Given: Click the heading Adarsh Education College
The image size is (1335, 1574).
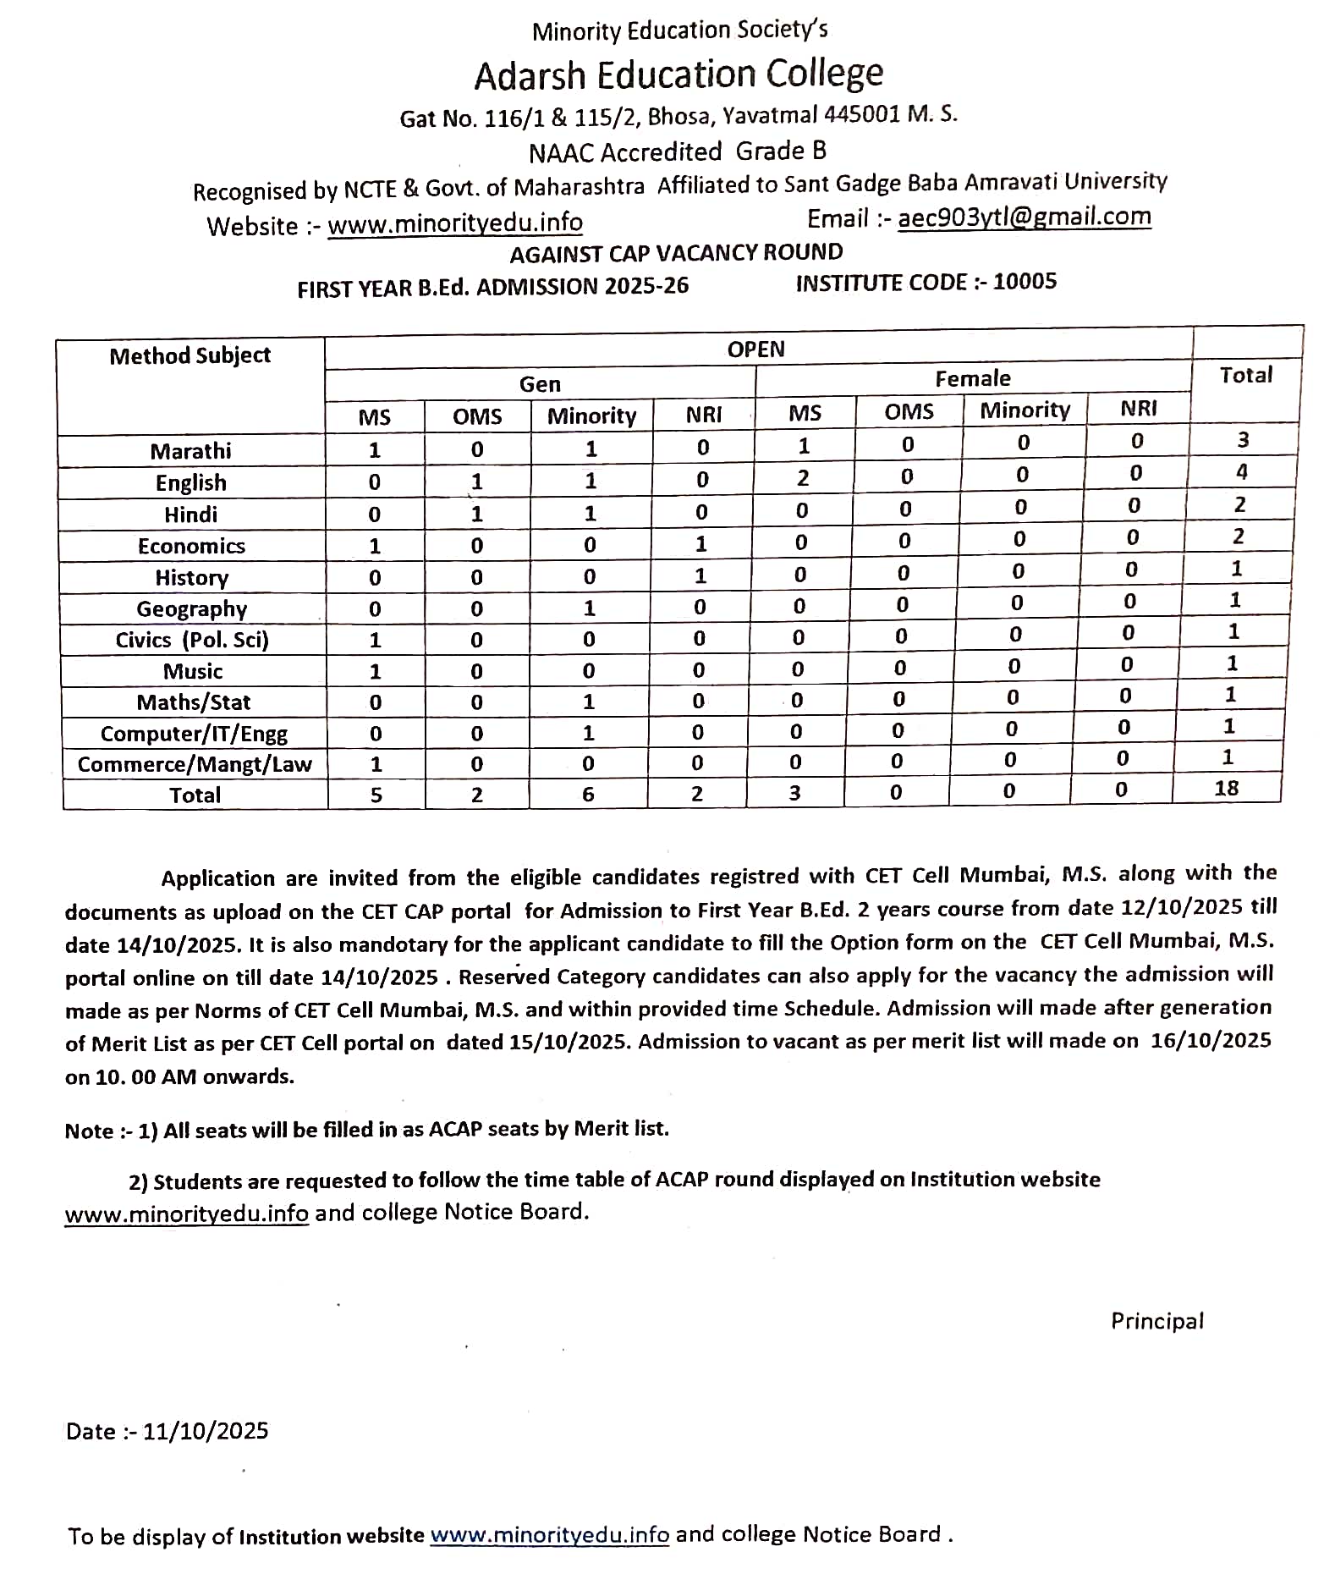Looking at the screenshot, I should (x=678, y=74).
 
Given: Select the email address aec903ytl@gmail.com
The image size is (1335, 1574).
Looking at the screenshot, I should (x=1024, y=217).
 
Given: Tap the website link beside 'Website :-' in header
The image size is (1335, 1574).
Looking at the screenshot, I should (x=455, y=223).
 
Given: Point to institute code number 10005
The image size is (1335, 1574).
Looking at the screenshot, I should (x=1025, y=282).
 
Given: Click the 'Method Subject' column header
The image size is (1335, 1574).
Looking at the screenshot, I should (x=190, y=355).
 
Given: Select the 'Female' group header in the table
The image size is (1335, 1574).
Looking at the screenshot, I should (x=973, y=378).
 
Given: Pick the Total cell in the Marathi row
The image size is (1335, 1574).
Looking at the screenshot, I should (x=1243, y=440).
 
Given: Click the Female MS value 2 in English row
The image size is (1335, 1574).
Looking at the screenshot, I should (x=802, y=478).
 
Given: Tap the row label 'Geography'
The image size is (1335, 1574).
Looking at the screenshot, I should (x=192, y=609).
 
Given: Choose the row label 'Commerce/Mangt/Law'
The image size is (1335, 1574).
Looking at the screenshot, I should (x=195, y=765).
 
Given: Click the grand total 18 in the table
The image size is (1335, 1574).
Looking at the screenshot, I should (x=1226, y=789).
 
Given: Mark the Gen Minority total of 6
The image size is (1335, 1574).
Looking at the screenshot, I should (x=588, y=795).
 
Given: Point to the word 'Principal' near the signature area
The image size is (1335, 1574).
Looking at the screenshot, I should (x=1156, y=1321).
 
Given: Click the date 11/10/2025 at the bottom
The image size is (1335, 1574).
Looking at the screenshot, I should (x=206, y=1431).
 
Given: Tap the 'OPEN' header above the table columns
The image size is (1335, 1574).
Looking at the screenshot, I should (x=755, y=349).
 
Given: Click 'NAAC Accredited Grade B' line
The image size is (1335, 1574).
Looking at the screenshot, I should (x=677, y=152).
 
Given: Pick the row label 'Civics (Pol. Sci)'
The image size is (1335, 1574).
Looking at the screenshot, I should (x=192, y=640).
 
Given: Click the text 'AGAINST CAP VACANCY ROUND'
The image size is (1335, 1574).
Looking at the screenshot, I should (x=676, y=253).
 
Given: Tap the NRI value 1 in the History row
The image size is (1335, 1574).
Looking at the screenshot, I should (x=700, y=576).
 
